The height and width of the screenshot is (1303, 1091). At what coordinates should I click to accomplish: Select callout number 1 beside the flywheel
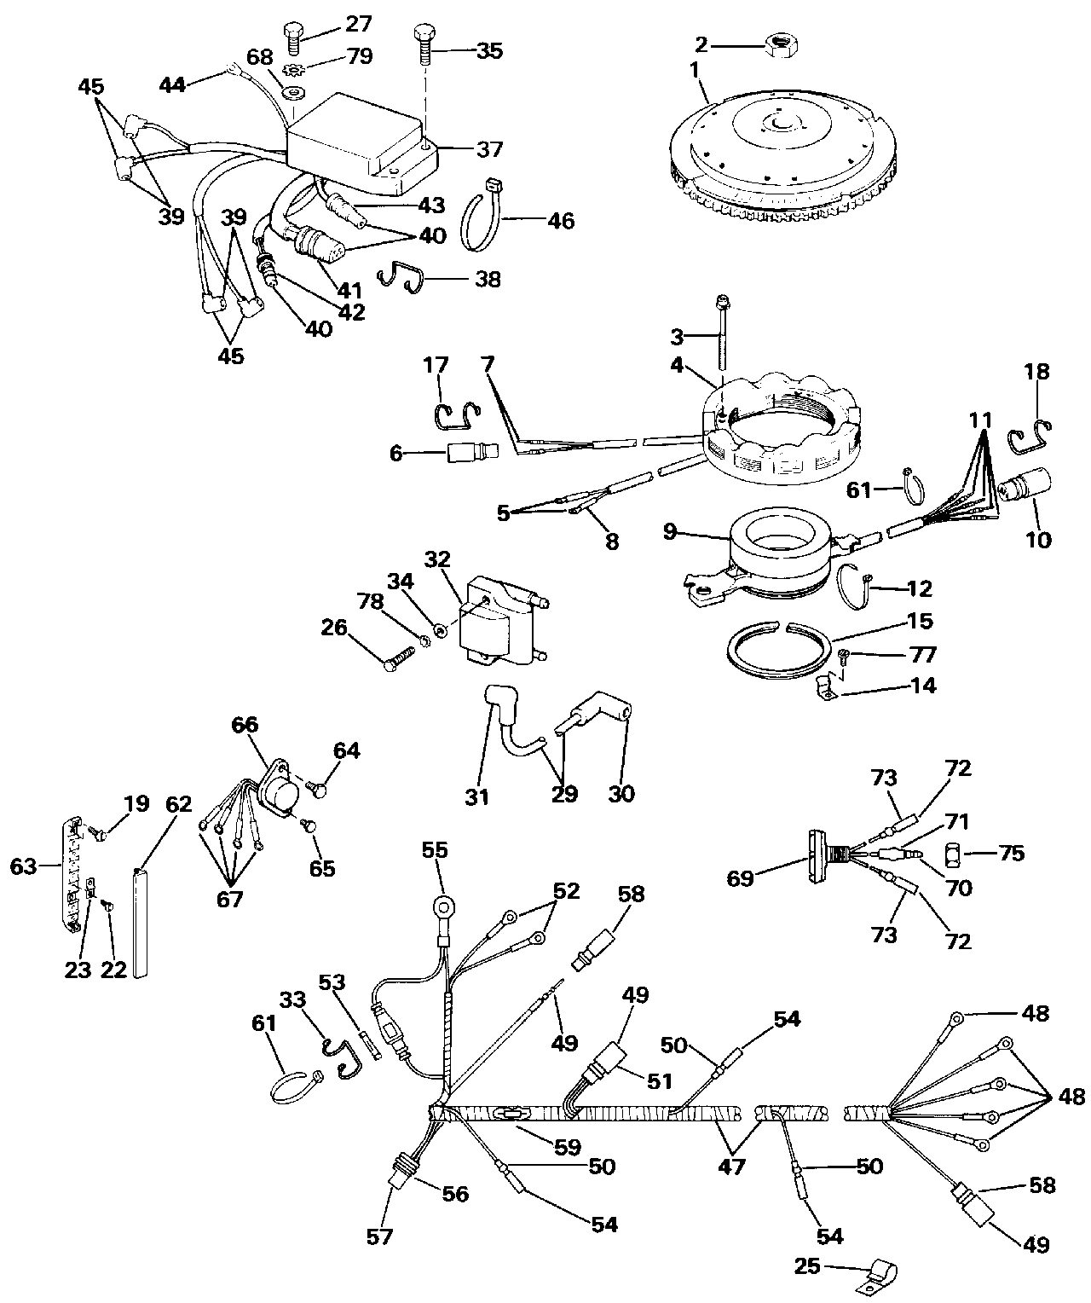coord(696,70)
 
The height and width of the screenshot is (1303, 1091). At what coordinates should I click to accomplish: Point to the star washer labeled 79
coord(292,68)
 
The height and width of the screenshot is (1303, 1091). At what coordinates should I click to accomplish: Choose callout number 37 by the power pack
coord(488,149)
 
